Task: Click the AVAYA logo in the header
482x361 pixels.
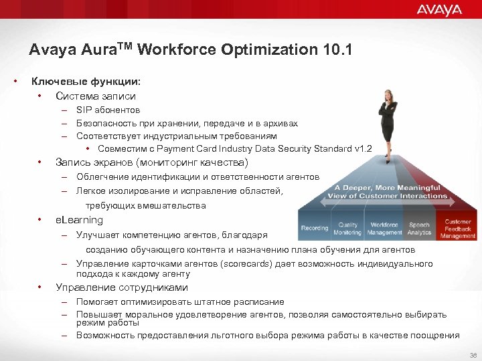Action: (x=439, y=9)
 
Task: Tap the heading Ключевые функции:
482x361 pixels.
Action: (x=86, y=82)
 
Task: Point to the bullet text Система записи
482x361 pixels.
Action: (x=95, y=96)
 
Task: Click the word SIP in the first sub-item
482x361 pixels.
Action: (x=84, y=110)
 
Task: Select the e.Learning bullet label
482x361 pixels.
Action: (x=79, y=220)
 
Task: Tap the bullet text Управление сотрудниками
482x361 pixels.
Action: (x=121, y=287)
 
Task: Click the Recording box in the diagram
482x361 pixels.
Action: (x=315, y=228)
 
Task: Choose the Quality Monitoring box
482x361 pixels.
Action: (x=348, y=229)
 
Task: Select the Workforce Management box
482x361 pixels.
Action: (x=384, y=229)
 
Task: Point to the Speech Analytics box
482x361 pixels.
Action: (x=420, y=229)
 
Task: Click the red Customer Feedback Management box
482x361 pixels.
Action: (x=458, y=229)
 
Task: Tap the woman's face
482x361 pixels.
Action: (x=387, y=98)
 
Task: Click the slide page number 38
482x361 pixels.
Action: (x=473, y=355)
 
